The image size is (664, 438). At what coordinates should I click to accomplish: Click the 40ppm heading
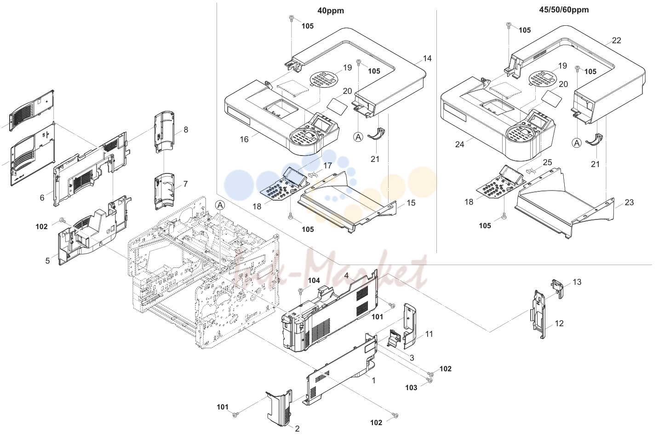tap(331, 11)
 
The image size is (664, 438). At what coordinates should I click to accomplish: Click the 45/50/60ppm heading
tap(564, 10)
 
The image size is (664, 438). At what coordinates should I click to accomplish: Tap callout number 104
tap(314, 281)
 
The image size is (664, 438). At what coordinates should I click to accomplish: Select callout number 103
tap(411, 387)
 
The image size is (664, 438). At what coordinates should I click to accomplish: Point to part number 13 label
tap(577, 282)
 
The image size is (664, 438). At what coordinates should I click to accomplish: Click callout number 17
tap(327, 166)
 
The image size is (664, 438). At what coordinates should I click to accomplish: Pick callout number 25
tap(547, 162)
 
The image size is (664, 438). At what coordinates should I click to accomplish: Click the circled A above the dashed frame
tap(220, 205)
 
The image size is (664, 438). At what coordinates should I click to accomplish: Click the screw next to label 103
tap(429, 380)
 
